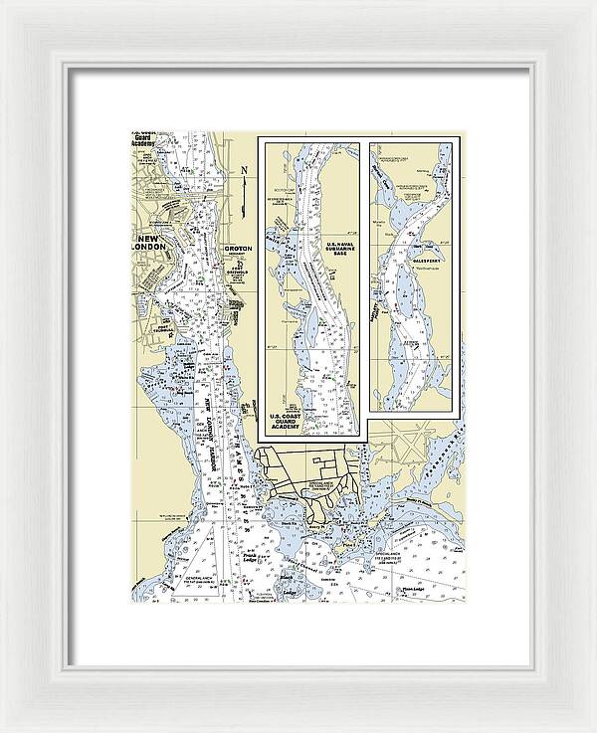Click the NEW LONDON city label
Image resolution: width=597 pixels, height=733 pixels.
[x=157, y=248]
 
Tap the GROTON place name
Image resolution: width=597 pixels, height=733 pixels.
[x=239, y=249]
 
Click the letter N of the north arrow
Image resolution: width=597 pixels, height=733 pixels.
[x=243, y=170]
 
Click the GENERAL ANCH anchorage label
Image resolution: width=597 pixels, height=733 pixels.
[x=199, y=579]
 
